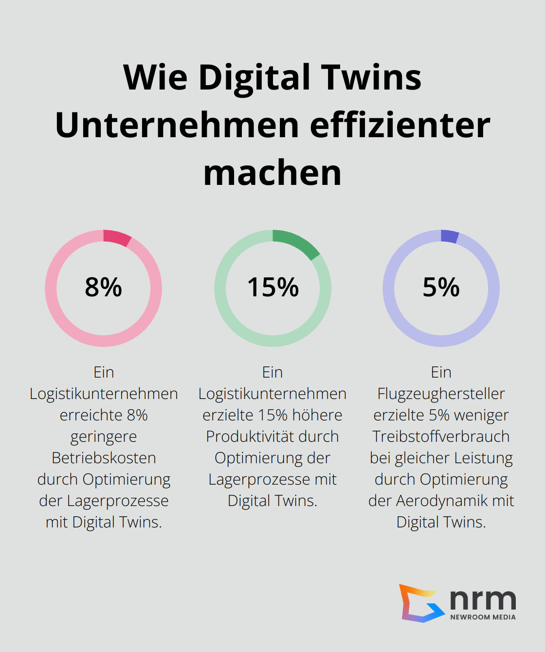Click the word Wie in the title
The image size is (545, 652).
tap(155, 78)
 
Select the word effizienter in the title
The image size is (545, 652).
tap(400, 126)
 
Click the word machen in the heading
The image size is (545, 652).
tap(272, 173)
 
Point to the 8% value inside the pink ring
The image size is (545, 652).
tap(103, 287)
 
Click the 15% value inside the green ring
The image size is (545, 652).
tap(272, 287)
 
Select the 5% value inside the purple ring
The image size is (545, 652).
tap(441, 287)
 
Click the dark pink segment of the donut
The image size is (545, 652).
tap(117, 238)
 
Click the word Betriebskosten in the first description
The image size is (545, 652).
tap(104, 458)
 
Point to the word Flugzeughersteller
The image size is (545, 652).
tap(441, 394)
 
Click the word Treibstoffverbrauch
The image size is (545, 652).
tap(441, 436)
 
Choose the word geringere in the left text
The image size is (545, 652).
tap(104, 436)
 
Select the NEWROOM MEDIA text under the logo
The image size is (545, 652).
tap(483, 617)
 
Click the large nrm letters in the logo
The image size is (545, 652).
tap(483, 599)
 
